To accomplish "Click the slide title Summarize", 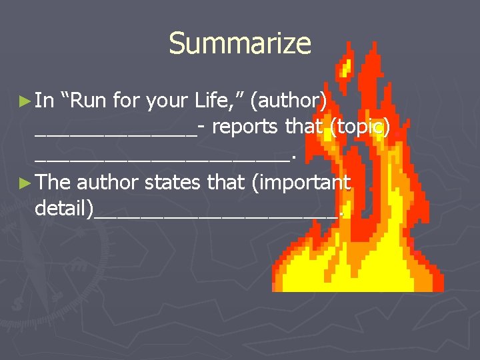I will pyautogui.click(x=240, y=44).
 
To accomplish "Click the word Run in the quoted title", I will pyautogui.click(x=87, y=101).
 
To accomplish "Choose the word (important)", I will pyautogui.click(x=301, y=183).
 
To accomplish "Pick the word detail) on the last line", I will pyautogui.click(x=64, y=209).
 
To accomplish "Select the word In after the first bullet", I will pyautogui.click(x=45, y=101).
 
